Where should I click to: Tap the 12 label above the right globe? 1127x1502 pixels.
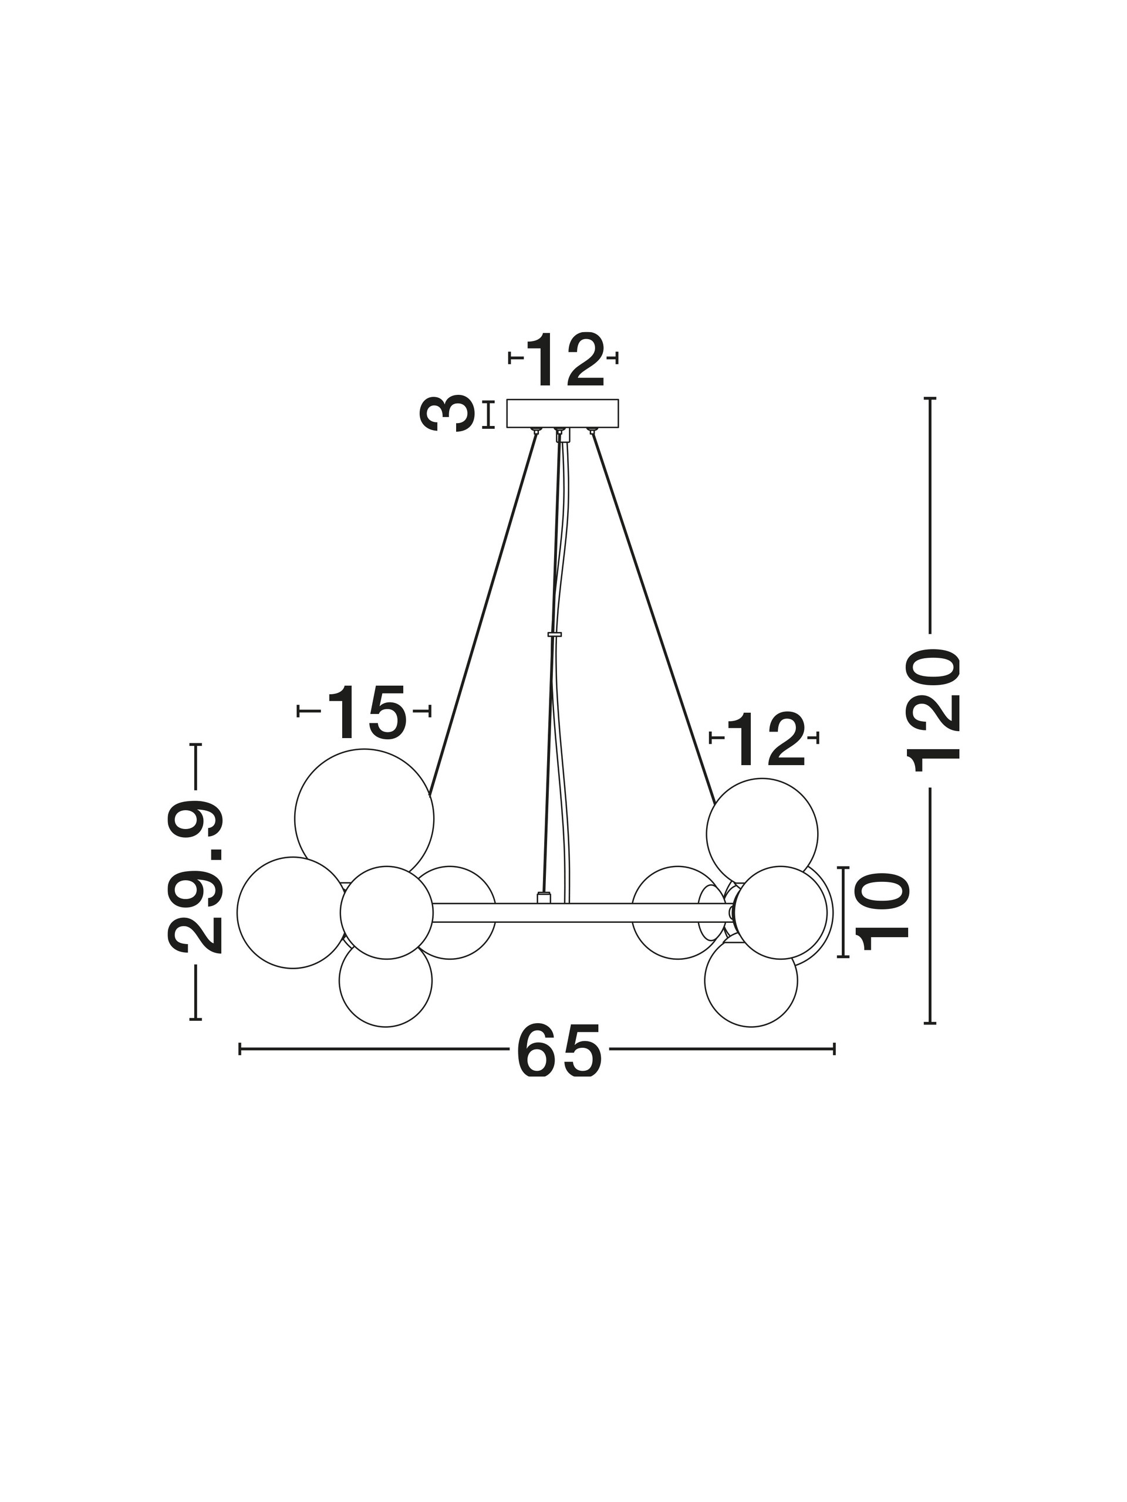pyautogui.click(x=765, y=739)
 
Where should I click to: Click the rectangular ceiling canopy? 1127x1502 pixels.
pyautogui.click(x=562, y=413)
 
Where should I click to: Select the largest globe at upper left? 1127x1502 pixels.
pyautogui.click(x=364, y=819)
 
